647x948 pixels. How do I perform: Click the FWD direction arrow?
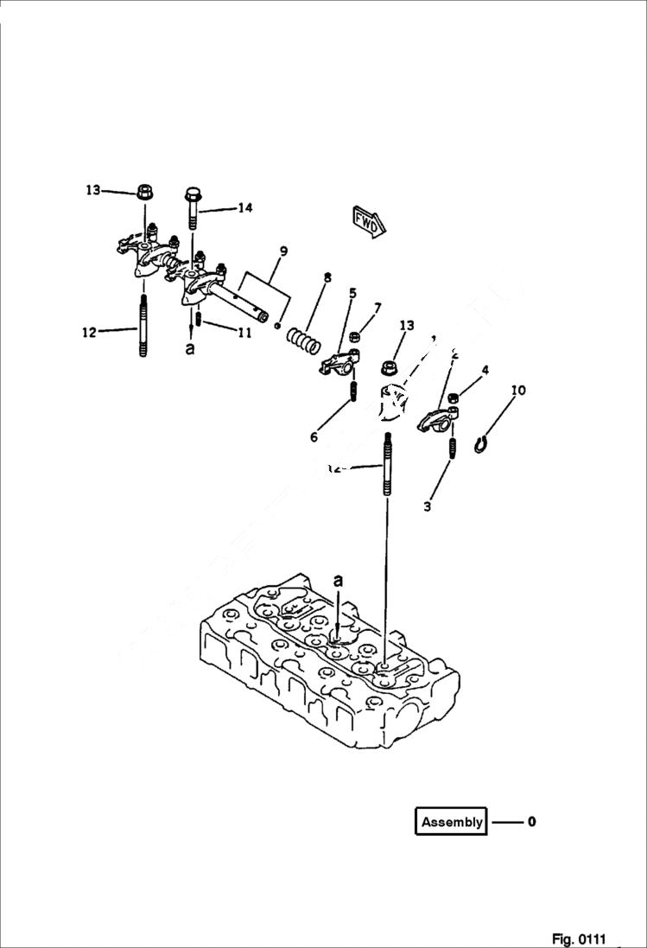pos(368,221)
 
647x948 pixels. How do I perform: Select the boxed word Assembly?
pos(451,822)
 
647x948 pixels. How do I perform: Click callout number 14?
pos(245,207)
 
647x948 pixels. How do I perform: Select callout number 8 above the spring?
pos(327,277)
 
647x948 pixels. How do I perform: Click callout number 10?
pos(517,391)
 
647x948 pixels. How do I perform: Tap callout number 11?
pos(244,332)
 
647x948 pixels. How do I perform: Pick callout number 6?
pos(314,438)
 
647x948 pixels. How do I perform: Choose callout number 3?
pos(427,507)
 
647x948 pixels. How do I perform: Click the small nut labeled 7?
pos(355,337)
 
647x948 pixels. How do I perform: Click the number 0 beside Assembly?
pos(531,822)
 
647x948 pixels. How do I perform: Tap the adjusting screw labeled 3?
pos(451,449)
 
